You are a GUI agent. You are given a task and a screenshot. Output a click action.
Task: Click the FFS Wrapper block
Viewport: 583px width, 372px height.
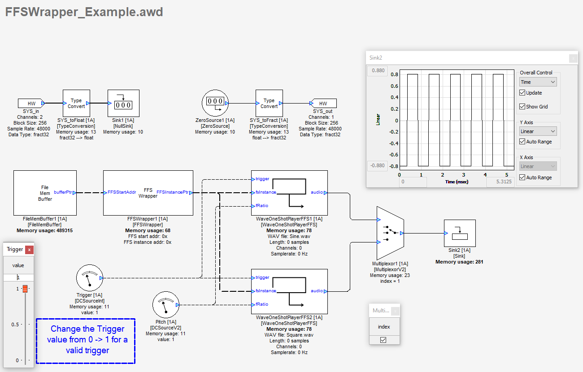point(148,193)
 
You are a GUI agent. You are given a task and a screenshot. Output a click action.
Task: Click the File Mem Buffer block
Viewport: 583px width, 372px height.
point(45,193)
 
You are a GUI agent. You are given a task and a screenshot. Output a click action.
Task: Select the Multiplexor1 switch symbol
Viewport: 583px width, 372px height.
point(390,233)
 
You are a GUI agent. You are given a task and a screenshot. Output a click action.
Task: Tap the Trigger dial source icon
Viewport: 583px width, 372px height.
point(90,278)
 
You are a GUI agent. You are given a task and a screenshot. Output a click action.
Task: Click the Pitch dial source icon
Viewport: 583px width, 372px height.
point(166,305)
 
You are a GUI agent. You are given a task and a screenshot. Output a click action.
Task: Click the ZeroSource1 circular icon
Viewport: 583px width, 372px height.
point(215,103)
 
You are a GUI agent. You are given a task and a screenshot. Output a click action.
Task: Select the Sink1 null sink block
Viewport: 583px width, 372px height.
point(123,103)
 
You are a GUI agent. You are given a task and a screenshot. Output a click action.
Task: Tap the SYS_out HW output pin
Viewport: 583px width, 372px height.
point(323,104)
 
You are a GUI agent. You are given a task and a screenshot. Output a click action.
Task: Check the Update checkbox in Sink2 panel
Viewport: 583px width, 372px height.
point(522,93)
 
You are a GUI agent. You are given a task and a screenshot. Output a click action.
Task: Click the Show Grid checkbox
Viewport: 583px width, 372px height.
point(522,107)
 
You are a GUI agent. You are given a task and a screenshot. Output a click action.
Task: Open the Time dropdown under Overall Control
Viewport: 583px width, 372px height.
point(538,82)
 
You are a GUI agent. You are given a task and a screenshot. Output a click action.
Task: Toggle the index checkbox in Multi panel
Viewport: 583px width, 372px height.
point(383,340)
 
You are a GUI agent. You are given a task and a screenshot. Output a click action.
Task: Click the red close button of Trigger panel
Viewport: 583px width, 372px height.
point(29,250)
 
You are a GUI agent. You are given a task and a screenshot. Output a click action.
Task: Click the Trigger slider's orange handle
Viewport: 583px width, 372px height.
point(25,289)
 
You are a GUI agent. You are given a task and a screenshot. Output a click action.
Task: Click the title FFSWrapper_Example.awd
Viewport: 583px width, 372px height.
point(84,12)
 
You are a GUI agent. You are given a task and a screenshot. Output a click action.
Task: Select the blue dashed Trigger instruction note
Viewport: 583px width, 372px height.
point(86,341)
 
